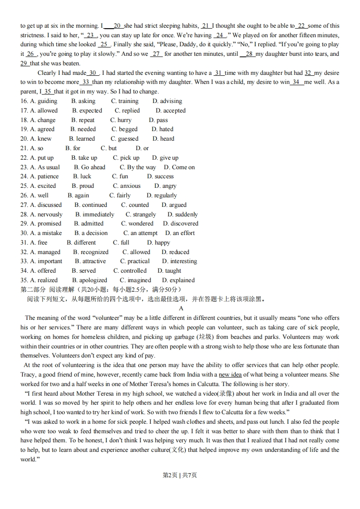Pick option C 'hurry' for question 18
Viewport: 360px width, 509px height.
tap(121, 120)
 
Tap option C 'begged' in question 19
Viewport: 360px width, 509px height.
tap(124, 129)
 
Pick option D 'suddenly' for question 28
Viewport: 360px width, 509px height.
tap(182, 214)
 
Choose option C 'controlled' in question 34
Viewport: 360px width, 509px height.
tap(130, 271)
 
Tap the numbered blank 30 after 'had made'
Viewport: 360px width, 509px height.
tap(93, 73)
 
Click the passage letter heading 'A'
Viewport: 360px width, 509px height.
tap(181, 308)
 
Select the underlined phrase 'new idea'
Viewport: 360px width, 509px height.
tap(230, 375)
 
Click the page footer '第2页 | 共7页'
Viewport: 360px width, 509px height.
tap(180, 475)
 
